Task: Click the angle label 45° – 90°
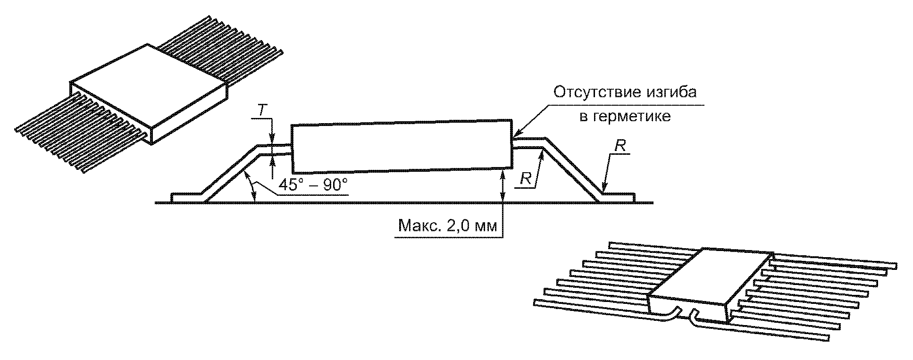(313, 184)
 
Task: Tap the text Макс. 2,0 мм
(448, 226)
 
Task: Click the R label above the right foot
(620, 146)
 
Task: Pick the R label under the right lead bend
(527, 178)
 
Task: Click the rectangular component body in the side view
(401, 147)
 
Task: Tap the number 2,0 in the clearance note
(457, 226)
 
